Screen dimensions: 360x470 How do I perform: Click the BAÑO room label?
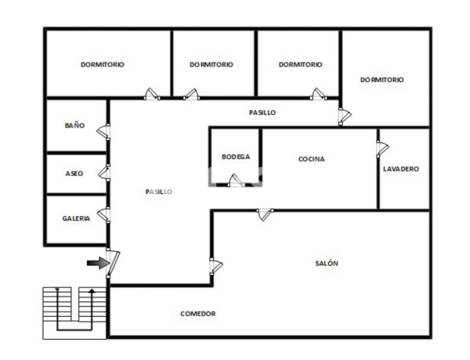(74, 125)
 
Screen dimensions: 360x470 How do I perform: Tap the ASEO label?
(74, 173)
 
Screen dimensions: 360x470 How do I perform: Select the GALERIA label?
(76, 218)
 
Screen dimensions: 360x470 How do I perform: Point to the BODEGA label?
(235, 157)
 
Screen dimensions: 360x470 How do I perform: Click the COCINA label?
(311, 159)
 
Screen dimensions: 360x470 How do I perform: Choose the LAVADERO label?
(400, 169)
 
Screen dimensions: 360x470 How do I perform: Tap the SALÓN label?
(327, 264)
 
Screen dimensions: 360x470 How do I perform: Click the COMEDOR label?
(197, 314)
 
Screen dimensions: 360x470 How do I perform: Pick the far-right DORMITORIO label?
(381, 80)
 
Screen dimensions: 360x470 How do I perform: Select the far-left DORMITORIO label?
(103, 65)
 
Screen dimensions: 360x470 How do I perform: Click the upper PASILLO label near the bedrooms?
(262, 113)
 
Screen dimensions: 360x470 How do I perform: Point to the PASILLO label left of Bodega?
(158, 192)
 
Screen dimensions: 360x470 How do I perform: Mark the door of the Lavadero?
(381, 148)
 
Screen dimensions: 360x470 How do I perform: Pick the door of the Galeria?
(104, 212)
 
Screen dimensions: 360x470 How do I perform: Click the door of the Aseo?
(104, 171)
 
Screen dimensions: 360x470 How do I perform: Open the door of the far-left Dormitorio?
(152, 95)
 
